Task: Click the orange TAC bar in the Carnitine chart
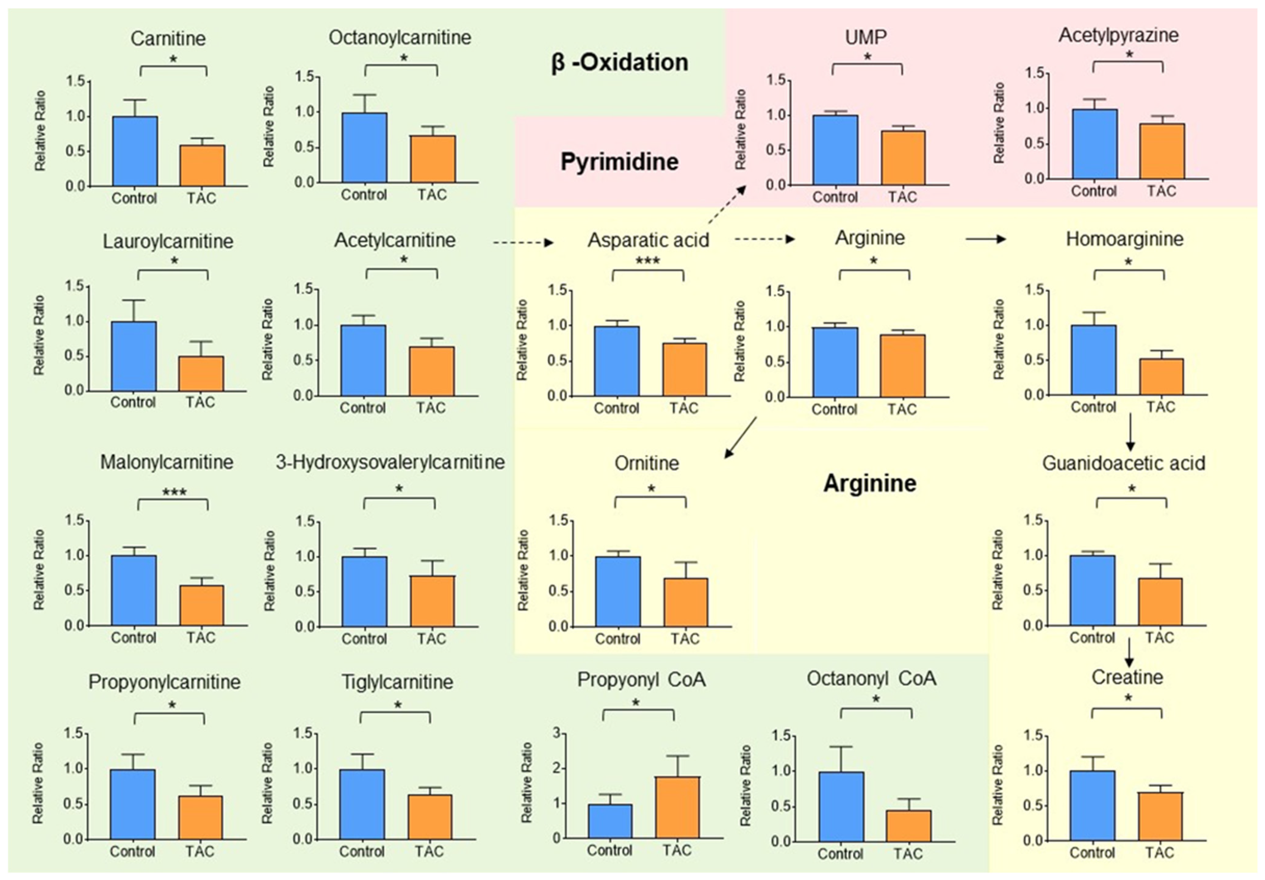[x=202, y=165]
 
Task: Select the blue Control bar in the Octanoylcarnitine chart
[x=364, y=148]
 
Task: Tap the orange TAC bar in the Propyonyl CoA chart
[x=677, y=808]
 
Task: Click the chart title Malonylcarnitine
[x=166, y=462]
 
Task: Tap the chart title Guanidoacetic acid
[x=1123, y=463]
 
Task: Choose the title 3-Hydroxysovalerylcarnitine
[x=390, y=462]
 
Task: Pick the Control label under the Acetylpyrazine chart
[x=1093, y=191]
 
